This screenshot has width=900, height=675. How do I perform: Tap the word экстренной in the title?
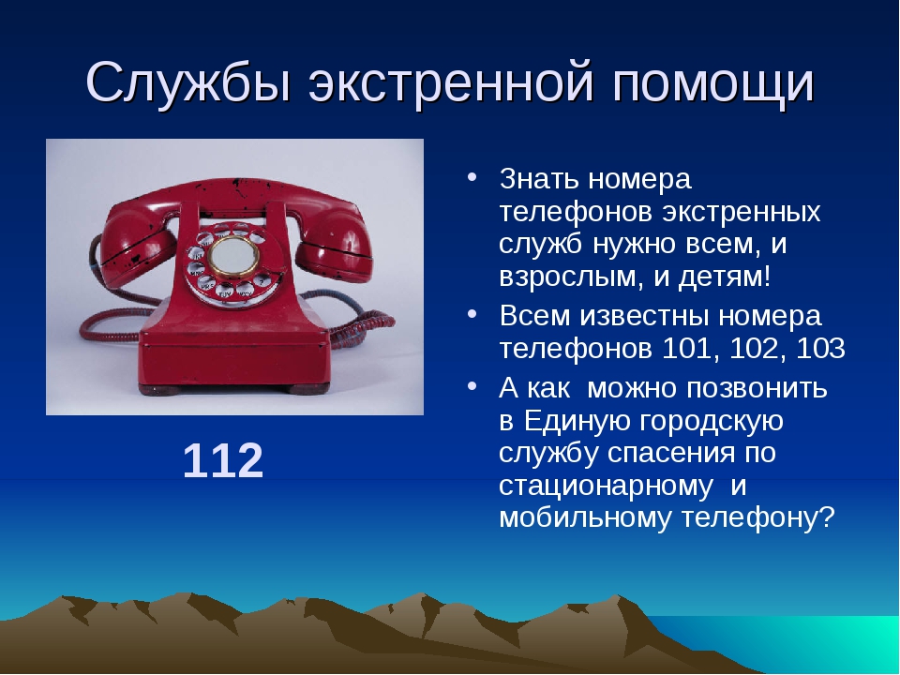click(x=451, y=83)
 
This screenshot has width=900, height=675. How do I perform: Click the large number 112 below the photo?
click(x=223, y=460)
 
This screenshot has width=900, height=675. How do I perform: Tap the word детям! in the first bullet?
click(x=725, y=277)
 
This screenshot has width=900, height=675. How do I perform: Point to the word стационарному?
click(x=607, y=487)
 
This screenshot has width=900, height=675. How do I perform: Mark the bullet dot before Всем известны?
click(x=472, y=314)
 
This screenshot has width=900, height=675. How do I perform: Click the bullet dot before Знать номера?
click(x=472, y=176)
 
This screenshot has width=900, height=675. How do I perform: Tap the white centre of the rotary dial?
click(x=232, y=257)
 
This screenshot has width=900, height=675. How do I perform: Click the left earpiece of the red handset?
click(x=137, y=247)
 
